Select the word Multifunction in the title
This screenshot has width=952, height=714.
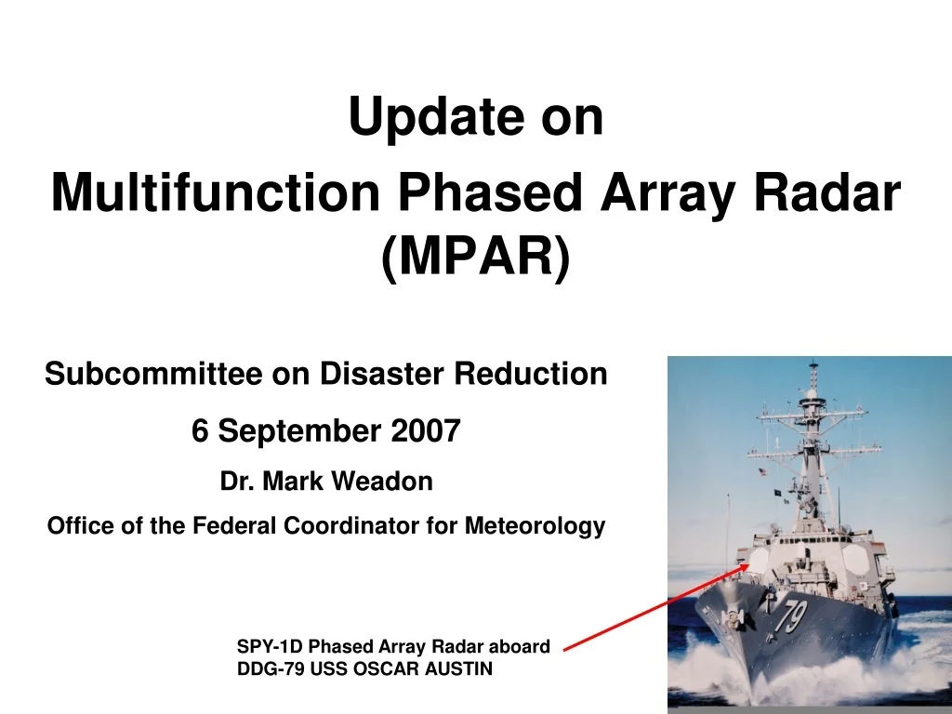[x=216, y=192]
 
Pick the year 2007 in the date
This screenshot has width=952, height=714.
[x=426, y=431]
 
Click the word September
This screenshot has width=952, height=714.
[x=299, y=432]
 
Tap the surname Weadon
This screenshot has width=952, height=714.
[x=383, y=482]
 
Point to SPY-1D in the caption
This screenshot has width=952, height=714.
[x=270, y=646]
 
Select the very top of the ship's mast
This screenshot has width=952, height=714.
[x=813, y=364]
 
